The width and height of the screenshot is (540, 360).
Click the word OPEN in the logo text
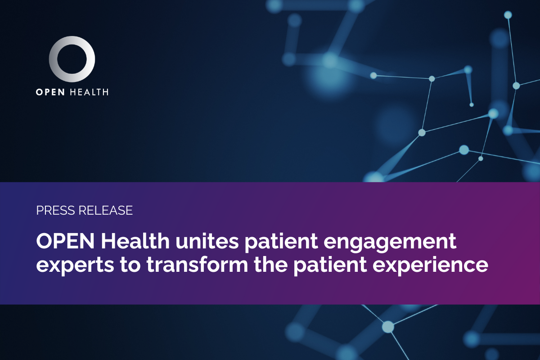click(x=50, y=92)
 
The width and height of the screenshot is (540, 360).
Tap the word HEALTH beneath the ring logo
click(x=89, y=92)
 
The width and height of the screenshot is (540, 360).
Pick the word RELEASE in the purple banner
click(x=105, y=210)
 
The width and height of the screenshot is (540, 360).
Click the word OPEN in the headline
click(x=65, y=241)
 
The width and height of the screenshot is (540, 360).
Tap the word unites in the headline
click(x=207, y=241)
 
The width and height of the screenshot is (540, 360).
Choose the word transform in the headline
click(x=197, y=265)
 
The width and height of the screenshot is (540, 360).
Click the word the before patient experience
click(x=271, y=265)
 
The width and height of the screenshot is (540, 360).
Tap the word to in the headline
click(x=130, y=265)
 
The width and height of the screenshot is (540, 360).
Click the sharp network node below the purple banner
click(x=388, y=327)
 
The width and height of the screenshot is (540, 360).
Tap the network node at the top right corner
click(x=508, y=15)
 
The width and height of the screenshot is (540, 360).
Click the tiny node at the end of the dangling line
click(x=472, y=105)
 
